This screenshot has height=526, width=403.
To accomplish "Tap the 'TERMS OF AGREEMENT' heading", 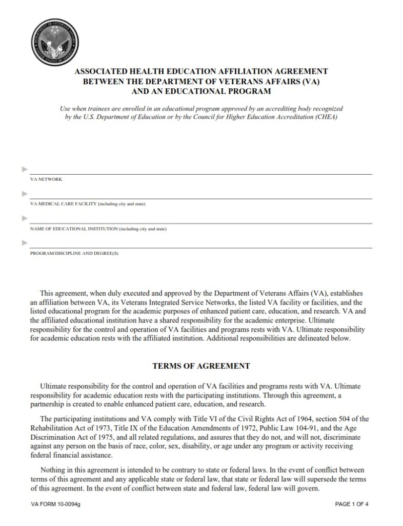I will click(x=201, y=366).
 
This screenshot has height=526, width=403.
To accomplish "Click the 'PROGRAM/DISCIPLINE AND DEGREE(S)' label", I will click(x=74, y=253).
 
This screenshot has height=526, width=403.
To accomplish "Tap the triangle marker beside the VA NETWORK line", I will click(x=24, y=169).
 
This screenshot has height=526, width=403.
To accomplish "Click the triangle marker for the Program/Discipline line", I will click(x=24, y=242).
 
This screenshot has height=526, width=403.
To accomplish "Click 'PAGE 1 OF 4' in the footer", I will click(x=352, y=504).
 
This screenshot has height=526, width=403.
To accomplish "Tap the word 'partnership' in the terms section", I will click(x=48, y=404).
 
